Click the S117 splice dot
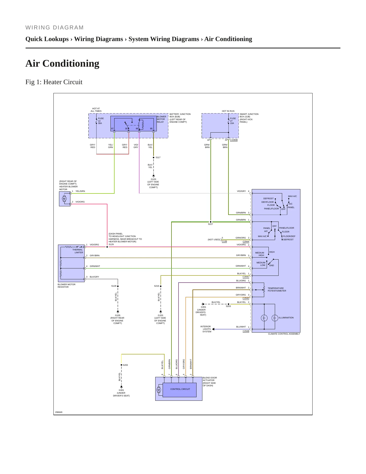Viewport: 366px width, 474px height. coord(153,157)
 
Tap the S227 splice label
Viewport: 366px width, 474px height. coord(210,224)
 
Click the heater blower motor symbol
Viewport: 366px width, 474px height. coord(64,199)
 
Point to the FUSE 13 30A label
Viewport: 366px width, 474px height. coord(101,121)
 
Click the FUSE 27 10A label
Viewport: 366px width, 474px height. coord(233,121)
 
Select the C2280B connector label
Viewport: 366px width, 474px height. coord(234,140)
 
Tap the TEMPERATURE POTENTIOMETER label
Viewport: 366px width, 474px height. coord(277,289)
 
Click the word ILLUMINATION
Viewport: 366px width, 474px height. coord(286,318)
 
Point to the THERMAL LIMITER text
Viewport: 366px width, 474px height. coord(78,251)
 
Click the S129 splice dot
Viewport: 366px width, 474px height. coord(107,247)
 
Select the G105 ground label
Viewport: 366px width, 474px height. coord(118,315)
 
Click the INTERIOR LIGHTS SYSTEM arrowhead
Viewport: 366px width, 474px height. coord(213,329)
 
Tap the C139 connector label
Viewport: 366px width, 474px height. coord(224,241)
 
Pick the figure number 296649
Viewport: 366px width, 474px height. coord(59,412)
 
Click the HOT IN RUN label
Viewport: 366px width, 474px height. coord(228,111)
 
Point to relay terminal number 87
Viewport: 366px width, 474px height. coord(112,129)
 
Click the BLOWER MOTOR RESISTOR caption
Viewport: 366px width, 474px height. coord(66,286)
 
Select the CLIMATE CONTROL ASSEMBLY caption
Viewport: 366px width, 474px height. coord(284,334)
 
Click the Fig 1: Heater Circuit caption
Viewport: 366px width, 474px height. coord(54,82)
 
